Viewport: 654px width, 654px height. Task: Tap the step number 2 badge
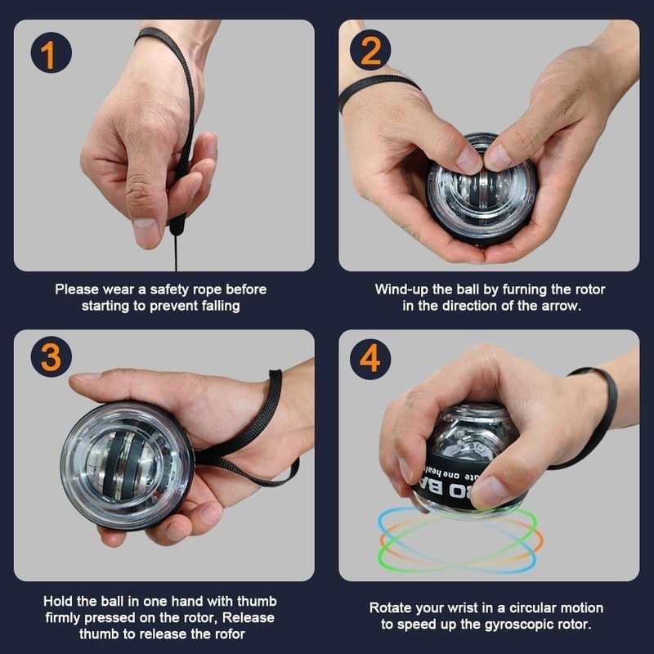[x=370, y=52]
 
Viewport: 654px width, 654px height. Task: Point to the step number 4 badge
[x=370, y=357]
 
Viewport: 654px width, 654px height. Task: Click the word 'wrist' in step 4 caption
[x=463, y=607]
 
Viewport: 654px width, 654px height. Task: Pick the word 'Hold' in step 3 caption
[x=59, y=601]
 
